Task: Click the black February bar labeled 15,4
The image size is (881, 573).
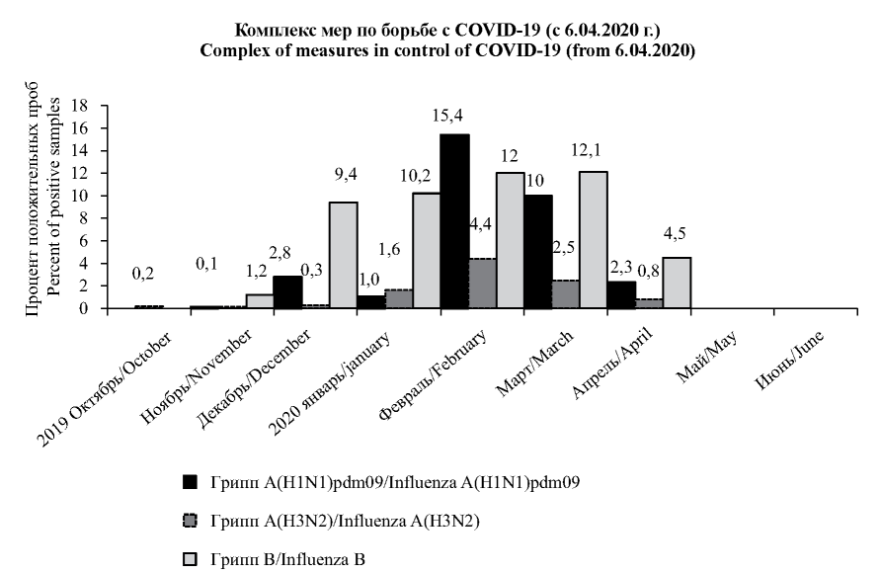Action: (x=454, y=221)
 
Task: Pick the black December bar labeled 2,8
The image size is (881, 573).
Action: (x=287, y=291)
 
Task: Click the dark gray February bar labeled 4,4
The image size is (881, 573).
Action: (x=482, y=284)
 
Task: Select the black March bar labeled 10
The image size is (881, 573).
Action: (x=538, y=252)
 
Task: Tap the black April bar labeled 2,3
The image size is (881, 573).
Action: (x=621, y=294)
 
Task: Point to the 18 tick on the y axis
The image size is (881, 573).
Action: (x=81, y=106)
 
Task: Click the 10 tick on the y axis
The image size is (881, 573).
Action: (x=81, y=196)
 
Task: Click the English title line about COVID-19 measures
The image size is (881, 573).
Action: (x=440, y=51)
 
